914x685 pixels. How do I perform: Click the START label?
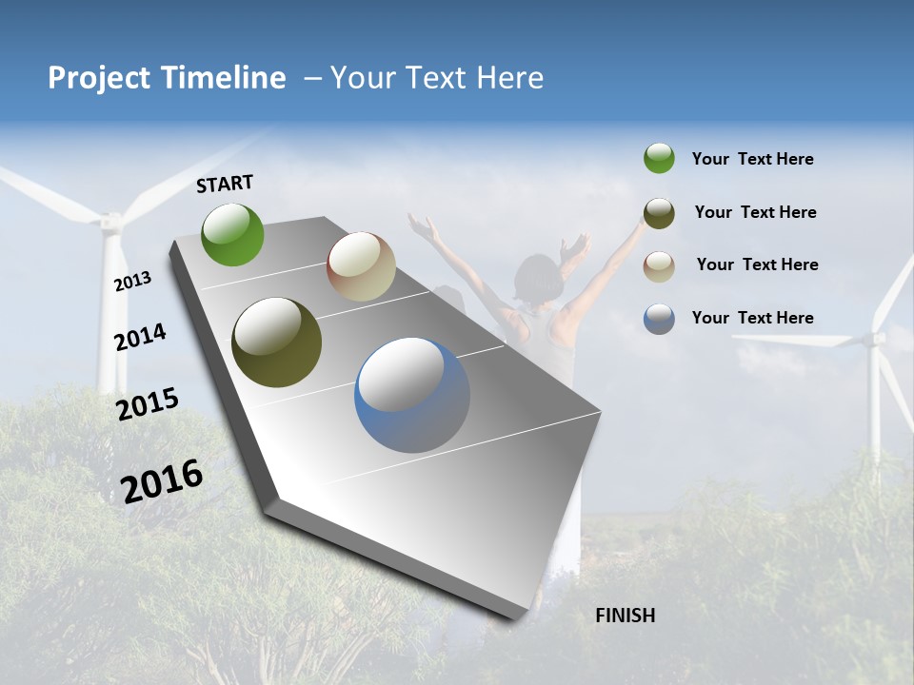(x=225, y=184)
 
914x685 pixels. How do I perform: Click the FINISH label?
(x=625, y=616)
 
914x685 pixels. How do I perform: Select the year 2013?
(x=132, y=281)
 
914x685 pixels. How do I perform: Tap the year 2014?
(x=140, y=337)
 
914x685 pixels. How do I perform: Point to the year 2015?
(x=147, y=404)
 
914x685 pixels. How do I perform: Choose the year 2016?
(x=162, y=480)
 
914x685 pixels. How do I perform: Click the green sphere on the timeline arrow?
(x=232, y=234)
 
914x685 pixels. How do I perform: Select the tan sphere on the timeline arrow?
(x=361, y=266)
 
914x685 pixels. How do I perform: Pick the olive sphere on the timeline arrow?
(x=276, y=342)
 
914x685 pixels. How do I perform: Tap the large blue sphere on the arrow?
(x=411, y=395)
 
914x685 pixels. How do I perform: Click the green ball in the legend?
(x=659, y=159)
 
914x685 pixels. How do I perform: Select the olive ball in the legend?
(x=659, y=213)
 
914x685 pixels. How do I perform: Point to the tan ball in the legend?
(x=659, y=265)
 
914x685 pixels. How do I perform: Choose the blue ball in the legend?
(x=659, y=319)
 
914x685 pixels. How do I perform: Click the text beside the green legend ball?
(x=752, y=160)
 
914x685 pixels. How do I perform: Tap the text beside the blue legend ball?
(x=752, y=318)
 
